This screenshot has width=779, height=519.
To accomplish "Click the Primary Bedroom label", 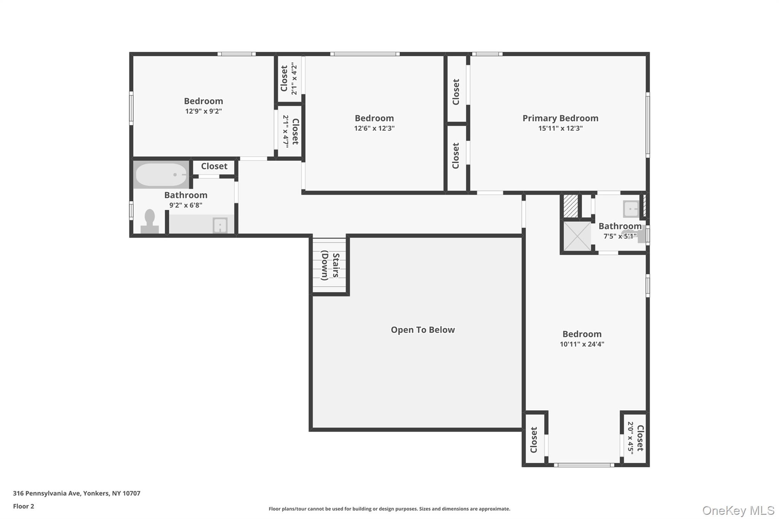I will click(560, 118).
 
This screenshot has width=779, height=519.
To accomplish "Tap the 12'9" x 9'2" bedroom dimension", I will click(203, 111).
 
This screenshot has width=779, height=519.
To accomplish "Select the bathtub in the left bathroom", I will click(161, 175).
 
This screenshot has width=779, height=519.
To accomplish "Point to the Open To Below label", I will click(423, 330).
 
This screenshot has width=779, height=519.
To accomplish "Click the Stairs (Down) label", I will click(330, 265).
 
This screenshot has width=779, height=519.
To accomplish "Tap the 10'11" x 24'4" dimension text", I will click(582, 344).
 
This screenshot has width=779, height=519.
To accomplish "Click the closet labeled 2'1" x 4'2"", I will click(289, 79).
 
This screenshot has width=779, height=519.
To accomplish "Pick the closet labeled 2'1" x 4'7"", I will click(290, 132).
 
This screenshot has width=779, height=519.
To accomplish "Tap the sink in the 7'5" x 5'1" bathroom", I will click(631, 209).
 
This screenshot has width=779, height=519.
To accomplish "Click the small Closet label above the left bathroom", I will click(214, 166).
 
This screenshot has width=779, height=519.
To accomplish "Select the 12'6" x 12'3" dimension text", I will click(374, 129).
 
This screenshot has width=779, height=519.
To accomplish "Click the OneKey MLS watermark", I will click(738, 510).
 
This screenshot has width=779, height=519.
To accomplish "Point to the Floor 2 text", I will click(24, 506).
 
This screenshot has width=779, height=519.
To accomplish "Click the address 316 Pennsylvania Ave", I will click(76, 493).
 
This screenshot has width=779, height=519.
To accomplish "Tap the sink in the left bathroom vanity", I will click(220, 225).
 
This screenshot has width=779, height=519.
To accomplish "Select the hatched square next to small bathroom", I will click(570, 206).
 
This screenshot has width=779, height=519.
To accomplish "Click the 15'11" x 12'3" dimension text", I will click(560, 129).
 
